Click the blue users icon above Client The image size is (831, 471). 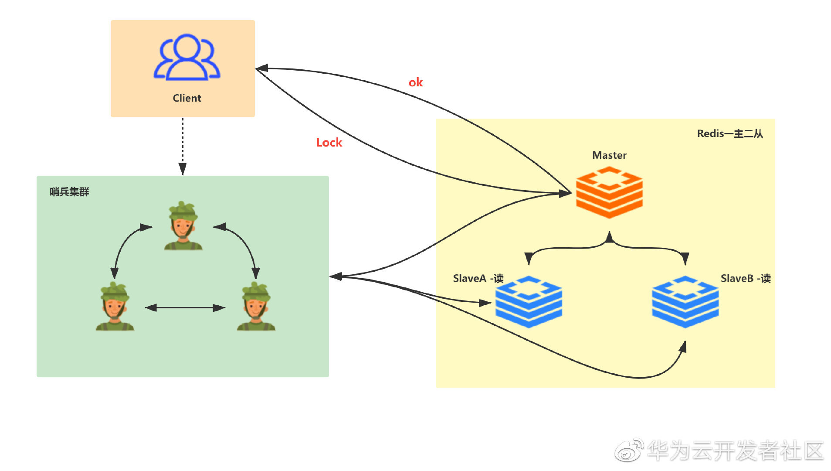[x=187, y=57]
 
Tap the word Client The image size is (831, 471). [x=187, y=98]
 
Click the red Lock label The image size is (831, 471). [x=329, y=143]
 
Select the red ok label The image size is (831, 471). [x=416, y=82]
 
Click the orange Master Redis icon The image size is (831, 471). [x=609, y=192]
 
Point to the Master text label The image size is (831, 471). [x=609, y=155]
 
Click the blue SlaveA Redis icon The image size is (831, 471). [x=529, y=301]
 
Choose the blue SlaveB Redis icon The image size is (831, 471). [x=685, y=301]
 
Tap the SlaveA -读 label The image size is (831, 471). [x=478, y=278]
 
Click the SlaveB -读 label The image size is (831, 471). [x=746, y=278]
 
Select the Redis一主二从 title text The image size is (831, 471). [x=730, y=133]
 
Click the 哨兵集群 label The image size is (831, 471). [x=69, y=192]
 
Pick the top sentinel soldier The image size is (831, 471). [x=183, y=225]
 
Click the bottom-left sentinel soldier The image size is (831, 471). [x=115, y=306]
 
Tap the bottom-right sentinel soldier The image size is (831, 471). [x=256, y=306]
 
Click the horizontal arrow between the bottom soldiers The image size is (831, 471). [x=185, y=308]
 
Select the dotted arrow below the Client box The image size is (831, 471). [x=183, y=147]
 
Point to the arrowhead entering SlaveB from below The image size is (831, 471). [x=683, y=347]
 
